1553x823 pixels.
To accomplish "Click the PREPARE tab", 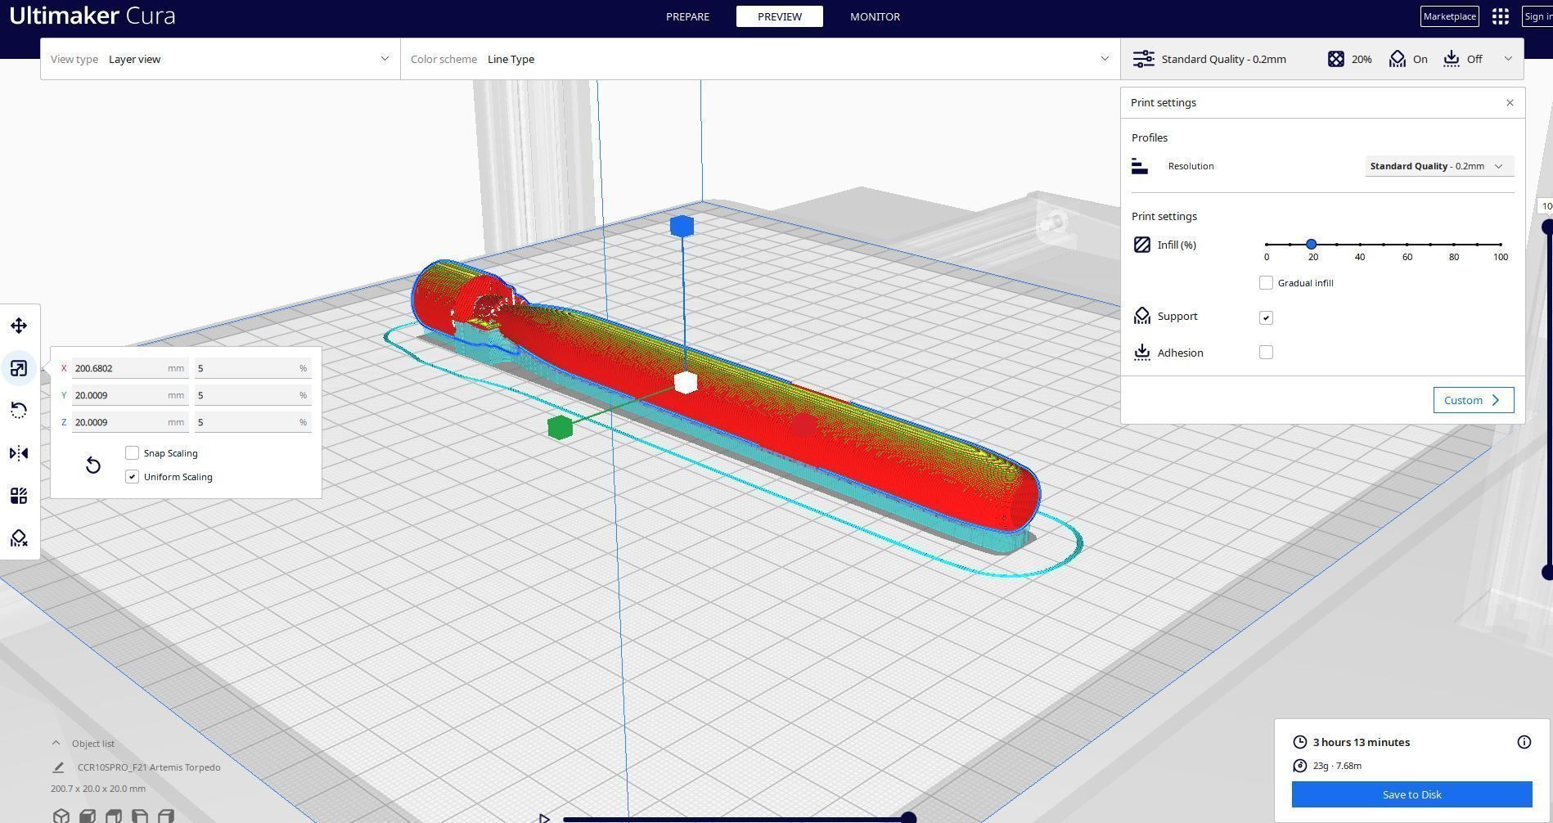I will click(687, 16).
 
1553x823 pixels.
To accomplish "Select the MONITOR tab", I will click(875, 16).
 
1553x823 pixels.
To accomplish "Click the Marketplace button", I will click(1449, 16).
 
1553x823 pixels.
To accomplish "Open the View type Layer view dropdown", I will click(220, 59).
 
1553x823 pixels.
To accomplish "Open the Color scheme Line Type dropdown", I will click(760, 59).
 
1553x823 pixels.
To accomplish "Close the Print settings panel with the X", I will click(1510, 103).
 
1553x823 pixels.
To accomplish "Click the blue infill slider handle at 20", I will click(1311, 245).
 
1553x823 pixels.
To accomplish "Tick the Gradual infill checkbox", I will click(1266, 283).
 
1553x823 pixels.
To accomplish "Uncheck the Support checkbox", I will click(1266, 317).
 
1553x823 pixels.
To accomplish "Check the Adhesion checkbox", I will click(1266, 353).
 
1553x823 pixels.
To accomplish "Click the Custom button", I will click(1473, 400).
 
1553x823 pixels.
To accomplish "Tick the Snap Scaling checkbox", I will click(133, 453).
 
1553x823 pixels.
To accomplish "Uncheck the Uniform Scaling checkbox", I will click(133, 477).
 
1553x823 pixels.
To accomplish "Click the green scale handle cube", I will click(560, 427).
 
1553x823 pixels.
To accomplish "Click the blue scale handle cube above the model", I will click(682, 227).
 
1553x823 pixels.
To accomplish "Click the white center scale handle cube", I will click(686, 382).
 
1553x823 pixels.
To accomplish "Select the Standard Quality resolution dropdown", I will click(1438, 166).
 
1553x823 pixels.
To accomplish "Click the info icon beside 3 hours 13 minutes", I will click(1524, 742).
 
